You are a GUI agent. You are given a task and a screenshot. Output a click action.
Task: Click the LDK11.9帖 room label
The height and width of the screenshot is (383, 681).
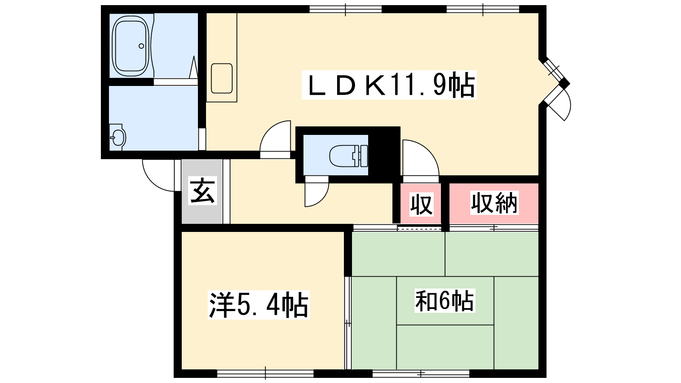point(389,85)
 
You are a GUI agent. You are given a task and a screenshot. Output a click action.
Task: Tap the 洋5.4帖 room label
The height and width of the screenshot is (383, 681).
point(258,305)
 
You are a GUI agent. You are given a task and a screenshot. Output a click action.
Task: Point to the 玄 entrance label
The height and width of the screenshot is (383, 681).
point(203,191)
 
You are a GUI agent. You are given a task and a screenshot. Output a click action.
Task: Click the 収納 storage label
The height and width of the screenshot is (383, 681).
point(494,203)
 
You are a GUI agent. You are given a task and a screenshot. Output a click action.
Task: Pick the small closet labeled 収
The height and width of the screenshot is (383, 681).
point(421,204)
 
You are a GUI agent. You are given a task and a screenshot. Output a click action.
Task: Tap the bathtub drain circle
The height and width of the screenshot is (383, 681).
point(141,46)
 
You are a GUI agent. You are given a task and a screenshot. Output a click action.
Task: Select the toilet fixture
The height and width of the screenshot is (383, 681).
point(349,156)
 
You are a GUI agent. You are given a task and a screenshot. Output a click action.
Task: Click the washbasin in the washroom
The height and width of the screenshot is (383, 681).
point(117,137)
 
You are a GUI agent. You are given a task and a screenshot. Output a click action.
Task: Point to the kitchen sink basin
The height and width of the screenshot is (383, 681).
point(222,78)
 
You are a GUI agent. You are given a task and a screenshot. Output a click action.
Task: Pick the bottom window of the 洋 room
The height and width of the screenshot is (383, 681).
point(265,374)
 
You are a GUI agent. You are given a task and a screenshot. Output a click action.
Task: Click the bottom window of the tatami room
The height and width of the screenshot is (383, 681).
point(421,374)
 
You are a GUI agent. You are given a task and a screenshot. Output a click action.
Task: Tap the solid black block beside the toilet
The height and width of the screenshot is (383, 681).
point(384,155)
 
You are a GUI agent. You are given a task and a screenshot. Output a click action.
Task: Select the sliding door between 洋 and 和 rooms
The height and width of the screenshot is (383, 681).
point(348,323)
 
